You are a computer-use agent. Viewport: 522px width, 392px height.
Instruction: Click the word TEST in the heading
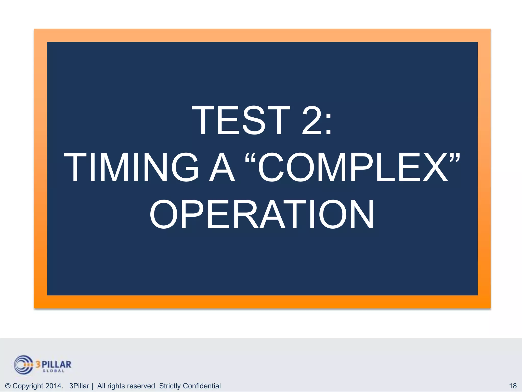click(241, 120)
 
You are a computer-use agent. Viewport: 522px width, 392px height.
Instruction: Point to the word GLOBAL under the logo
click(53, 371)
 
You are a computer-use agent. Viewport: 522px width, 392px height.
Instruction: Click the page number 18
click(513, 386)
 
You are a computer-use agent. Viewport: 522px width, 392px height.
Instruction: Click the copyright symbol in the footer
click(8, 386)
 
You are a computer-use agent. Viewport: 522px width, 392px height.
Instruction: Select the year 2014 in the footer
click(54, 386)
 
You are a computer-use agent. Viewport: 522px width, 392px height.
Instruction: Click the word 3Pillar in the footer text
click(79, 386)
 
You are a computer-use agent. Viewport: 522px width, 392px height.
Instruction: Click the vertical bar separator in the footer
click(92, 386)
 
